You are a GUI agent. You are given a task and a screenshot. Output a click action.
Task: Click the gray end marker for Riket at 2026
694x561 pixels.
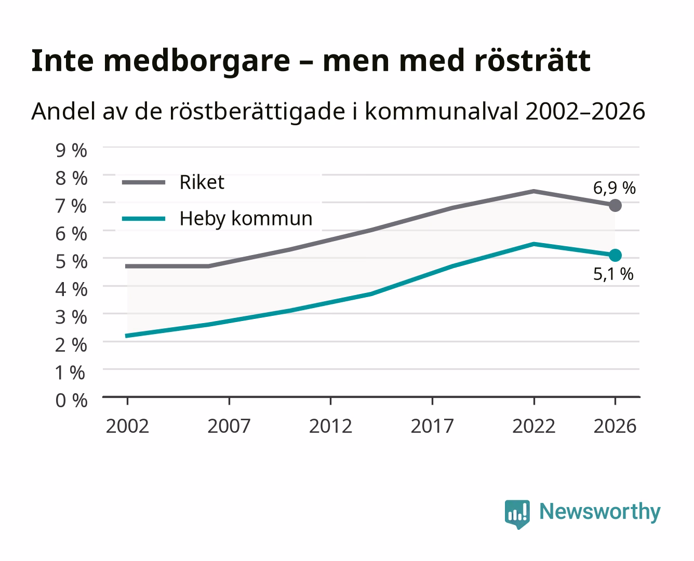tap(615, 205)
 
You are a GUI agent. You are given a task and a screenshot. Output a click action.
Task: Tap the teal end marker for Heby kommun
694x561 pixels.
tap(615, 255)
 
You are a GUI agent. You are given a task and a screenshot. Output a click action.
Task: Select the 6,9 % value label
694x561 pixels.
tap(614, 188)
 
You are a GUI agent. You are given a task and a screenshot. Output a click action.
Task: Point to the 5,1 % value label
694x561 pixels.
tap(613, 274)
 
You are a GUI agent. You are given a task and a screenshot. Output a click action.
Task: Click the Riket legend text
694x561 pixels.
tap(202, 182)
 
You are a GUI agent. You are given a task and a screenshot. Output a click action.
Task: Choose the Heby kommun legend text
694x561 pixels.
tap(246, 218)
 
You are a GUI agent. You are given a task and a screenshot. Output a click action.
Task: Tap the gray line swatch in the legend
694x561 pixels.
tap(144, 182)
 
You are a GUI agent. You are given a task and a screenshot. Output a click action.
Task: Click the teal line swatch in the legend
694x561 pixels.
tap(144, 219)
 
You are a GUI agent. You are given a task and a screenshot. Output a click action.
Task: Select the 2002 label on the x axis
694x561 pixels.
tap(127, 426)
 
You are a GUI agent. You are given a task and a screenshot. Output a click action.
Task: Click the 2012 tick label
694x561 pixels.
tap(330, 426)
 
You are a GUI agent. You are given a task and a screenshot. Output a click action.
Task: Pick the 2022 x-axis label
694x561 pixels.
tap(533, 426)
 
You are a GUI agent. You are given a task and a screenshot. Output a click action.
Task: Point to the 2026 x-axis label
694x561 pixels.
tap(615, 426)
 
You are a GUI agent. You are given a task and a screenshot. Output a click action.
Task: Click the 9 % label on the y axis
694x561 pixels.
tap(71, 151)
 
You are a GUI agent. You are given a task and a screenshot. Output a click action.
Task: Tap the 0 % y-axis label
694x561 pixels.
tap(71, 400)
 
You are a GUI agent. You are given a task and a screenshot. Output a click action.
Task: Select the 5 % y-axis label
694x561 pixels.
tap(71, 262)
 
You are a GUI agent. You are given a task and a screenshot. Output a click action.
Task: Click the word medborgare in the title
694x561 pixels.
tap(196, 62)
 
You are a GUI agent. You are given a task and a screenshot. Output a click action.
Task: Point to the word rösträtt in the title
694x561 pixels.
tap(532, 61)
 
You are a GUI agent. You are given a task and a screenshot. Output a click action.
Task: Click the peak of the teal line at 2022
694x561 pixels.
tap(533, 244)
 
